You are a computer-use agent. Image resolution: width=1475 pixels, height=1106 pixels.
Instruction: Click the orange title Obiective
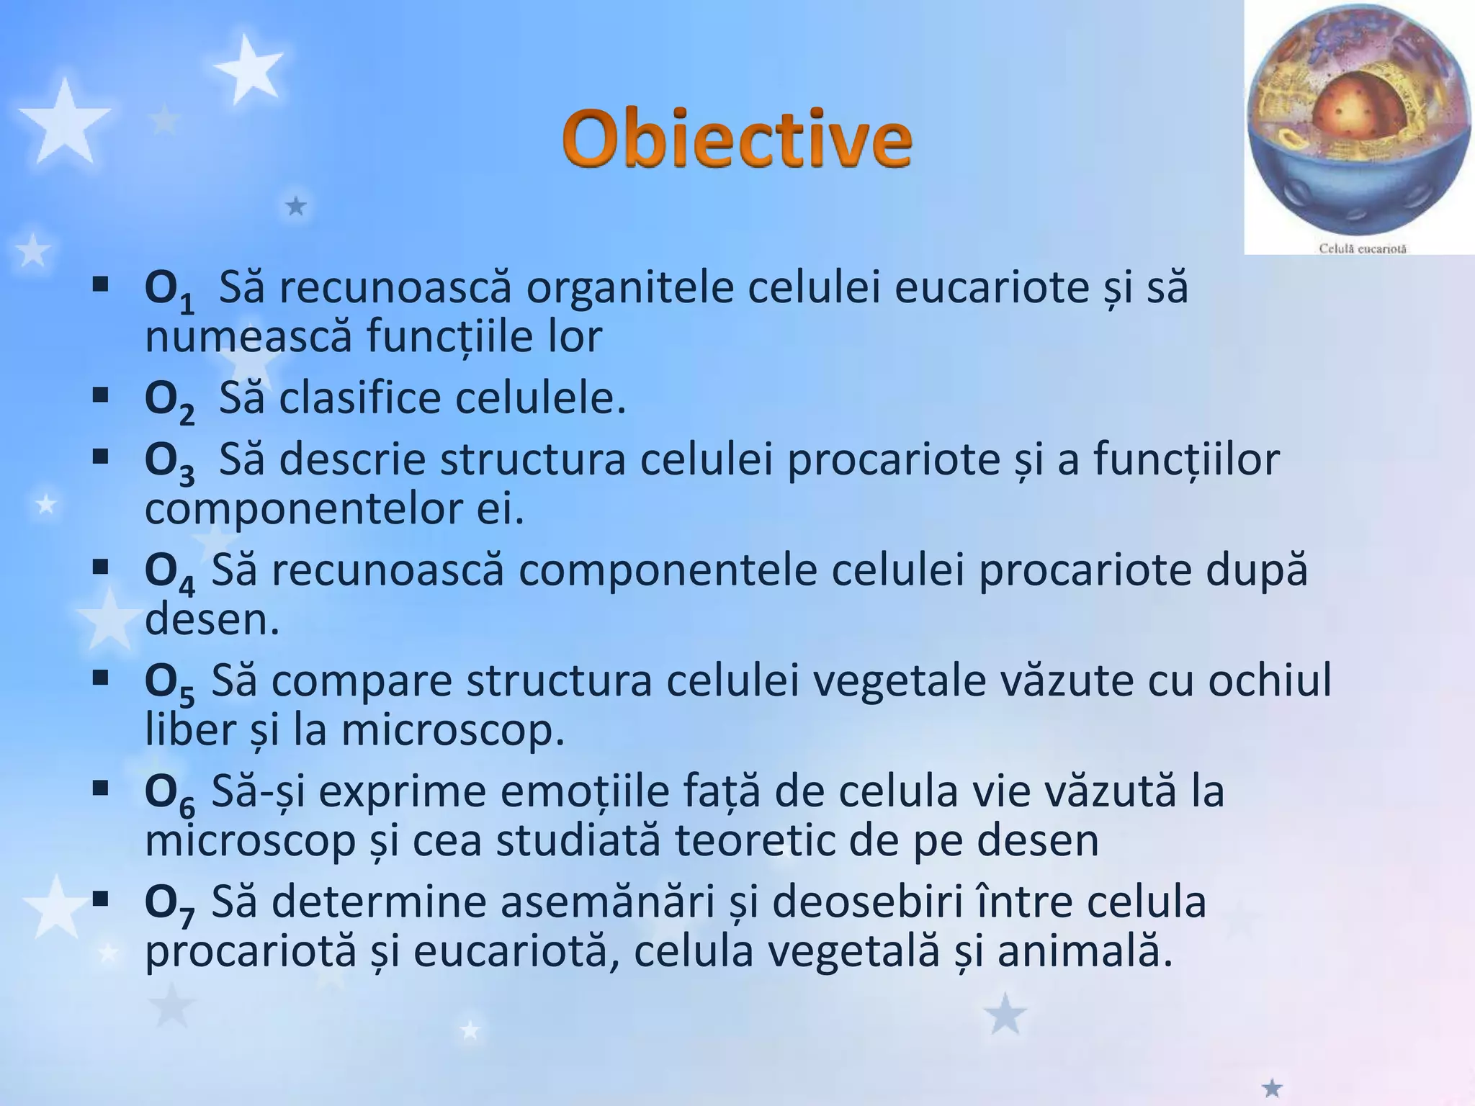(737, 138)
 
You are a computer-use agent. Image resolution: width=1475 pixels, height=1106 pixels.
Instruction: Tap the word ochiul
(1270, 681)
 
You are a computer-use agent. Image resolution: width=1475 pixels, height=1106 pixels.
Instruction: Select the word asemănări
(606, 903)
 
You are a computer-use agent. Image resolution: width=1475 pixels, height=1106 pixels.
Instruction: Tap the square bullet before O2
(100, 395)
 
